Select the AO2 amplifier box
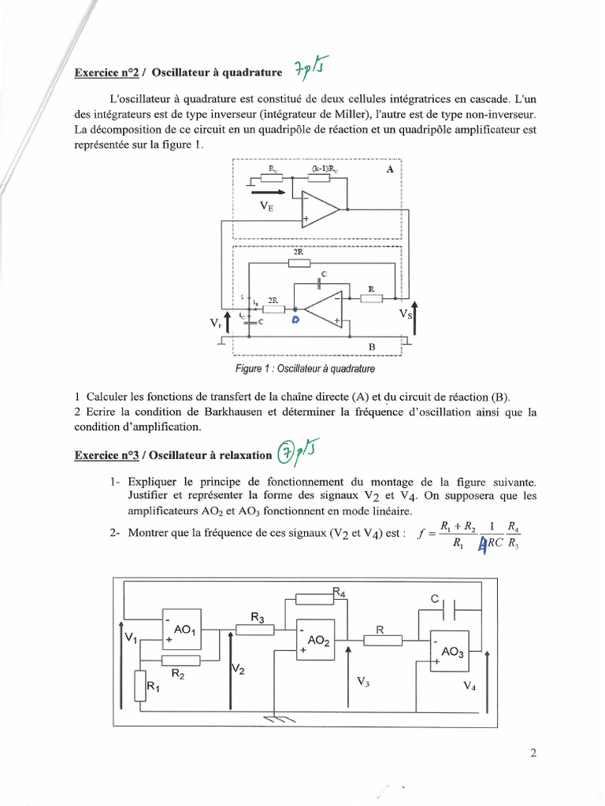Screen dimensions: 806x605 (x=315, y=641)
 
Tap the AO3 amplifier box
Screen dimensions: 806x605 (x=452, y=653)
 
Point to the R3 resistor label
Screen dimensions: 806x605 (x=257, y=618)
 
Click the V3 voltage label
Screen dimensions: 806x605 (x=363, y=682)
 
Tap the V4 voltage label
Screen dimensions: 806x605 (x=470, y=686)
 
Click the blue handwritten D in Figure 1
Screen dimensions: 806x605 (x=295, y=320)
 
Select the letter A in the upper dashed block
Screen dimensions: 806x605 (x=389, y=169)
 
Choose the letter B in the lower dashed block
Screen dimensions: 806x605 (x=373, y=346)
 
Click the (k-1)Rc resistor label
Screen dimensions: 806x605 (x=324, y=168)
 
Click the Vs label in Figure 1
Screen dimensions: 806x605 (x=406, y=313)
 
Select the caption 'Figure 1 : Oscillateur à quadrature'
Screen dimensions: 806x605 (x=305, y=368)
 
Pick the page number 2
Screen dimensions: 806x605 (x=533, y=752)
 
